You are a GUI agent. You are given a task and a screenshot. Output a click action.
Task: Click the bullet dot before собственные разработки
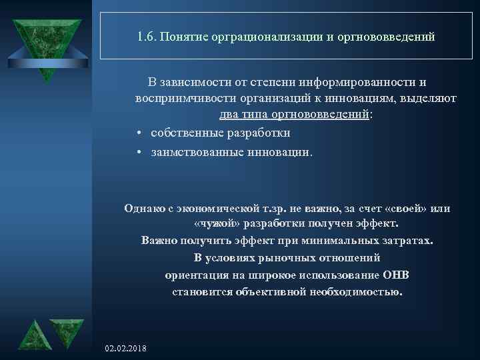tap(137, 133)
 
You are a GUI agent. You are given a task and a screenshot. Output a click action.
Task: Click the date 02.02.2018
tap(127, 349)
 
